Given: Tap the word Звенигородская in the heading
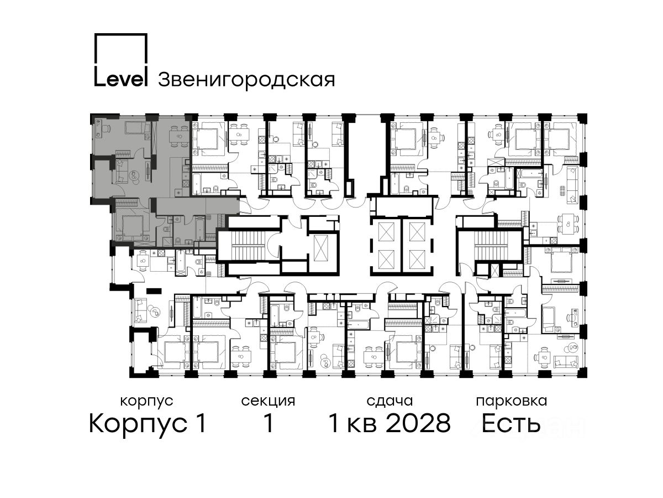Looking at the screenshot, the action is click(246, 80).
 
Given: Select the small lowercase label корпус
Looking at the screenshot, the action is click(147, 402).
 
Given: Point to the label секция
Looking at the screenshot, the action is click(268, 402).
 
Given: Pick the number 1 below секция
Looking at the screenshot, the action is click(269, 423).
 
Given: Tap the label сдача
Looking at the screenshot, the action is click(390, 402).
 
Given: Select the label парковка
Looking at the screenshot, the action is click(512, 402).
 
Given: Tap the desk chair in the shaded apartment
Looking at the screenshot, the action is click(106, 129).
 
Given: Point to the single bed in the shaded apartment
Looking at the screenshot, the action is click(135, 128).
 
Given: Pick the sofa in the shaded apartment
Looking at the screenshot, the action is click(122, 172).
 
